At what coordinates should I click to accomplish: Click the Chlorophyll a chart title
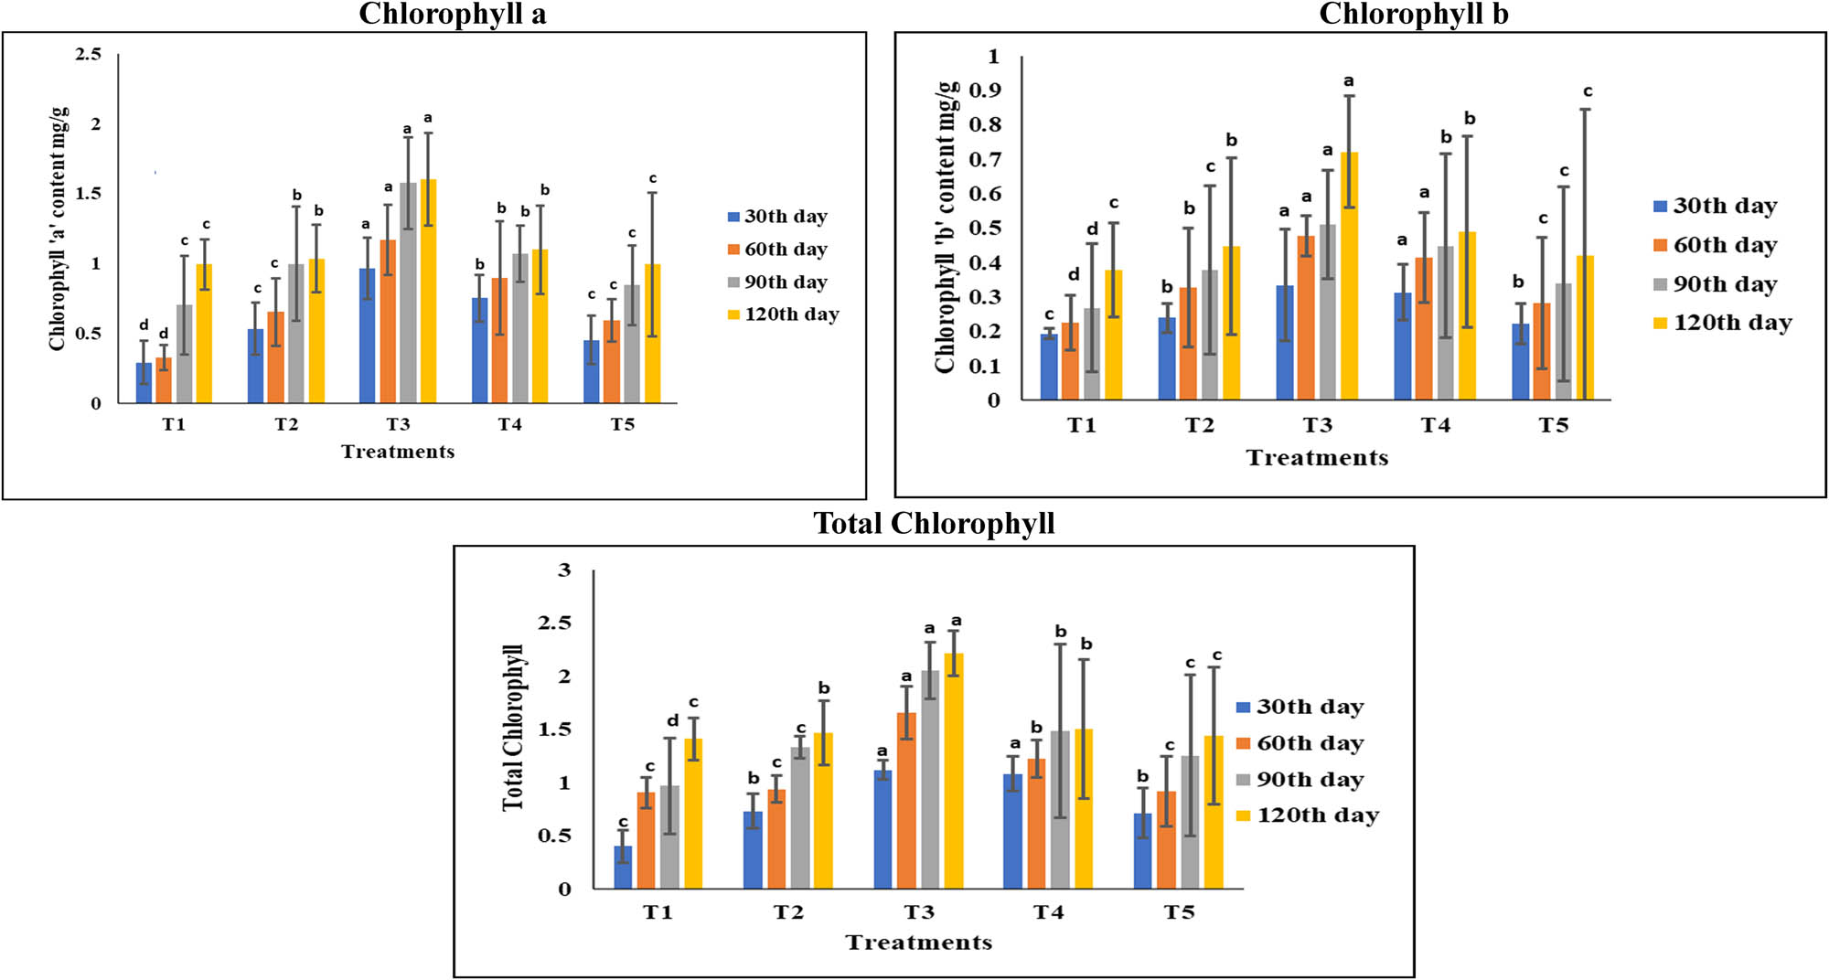coord(452,15)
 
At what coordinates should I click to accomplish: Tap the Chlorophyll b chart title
coord(1413,15)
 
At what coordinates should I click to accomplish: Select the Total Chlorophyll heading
coord(934,523)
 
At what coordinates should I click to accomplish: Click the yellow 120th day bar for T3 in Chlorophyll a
coord(428,293)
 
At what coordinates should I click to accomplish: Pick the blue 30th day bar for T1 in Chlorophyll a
coord(144,383)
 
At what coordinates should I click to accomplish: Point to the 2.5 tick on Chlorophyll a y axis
coord(89,55)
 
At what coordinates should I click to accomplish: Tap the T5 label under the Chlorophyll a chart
coord(622,425)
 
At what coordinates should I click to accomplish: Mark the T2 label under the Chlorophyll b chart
coord(1199,426)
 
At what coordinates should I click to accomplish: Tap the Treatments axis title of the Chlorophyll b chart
coord(1317,458)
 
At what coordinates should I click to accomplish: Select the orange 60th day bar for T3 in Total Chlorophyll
coord(906,801)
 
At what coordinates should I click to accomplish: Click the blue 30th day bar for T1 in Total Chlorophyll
coord(623,868)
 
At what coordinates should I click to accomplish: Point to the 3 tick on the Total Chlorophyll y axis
coord(564,570)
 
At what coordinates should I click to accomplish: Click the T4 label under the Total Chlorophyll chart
coord(1049,912)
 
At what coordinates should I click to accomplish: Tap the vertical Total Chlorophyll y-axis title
coord(514,728)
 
